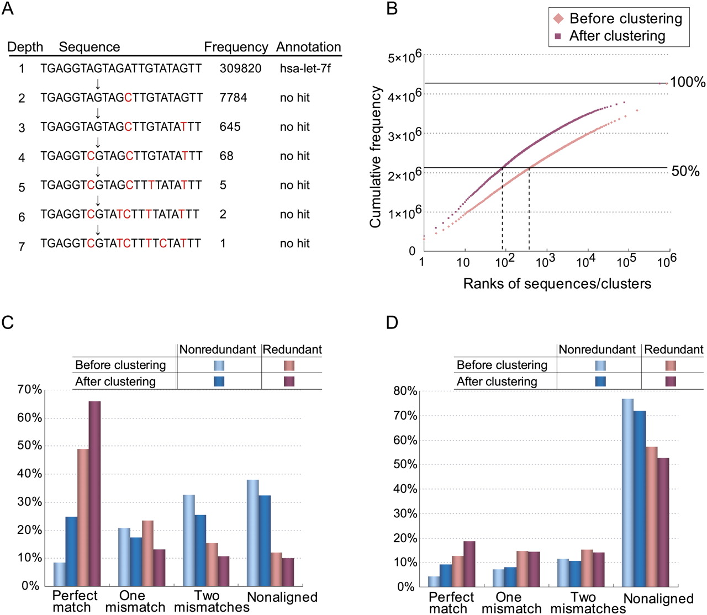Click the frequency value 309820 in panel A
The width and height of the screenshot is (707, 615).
coord(240,68)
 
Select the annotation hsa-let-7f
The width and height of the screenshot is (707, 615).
coord(305,68)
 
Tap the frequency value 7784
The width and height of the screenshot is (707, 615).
coord(233,98)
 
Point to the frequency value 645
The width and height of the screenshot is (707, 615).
coord(230,127)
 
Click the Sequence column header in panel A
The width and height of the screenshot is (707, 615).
coord(89,47)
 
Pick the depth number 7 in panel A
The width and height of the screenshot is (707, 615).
coord(22,247)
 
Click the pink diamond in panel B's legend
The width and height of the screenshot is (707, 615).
coord(558,19)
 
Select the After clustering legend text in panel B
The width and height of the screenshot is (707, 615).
coord(617,36)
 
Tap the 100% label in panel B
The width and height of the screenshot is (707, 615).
coord(688,82)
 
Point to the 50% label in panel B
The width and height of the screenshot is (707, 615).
coord(685,171)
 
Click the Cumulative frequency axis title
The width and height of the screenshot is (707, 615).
coord(376,157)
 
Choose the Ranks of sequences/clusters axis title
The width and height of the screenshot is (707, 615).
coord(557,284)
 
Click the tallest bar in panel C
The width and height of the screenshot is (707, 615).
coord(94,494)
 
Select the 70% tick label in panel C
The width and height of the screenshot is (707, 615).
coord(29,390)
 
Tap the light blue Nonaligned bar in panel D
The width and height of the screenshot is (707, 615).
coord(627,493)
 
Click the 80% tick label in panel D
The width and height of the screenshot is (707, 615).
coord(405,391)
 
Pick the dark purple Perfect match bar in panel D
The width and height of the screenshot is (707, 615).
coord(469,564)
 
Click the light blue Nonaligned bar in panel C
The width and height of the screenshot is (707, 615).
coord(253,533)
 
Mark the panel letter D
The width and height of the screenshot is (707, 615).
coord(392,322)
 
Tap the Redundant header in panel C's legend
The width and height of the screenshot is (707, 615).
coord(292,349)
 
